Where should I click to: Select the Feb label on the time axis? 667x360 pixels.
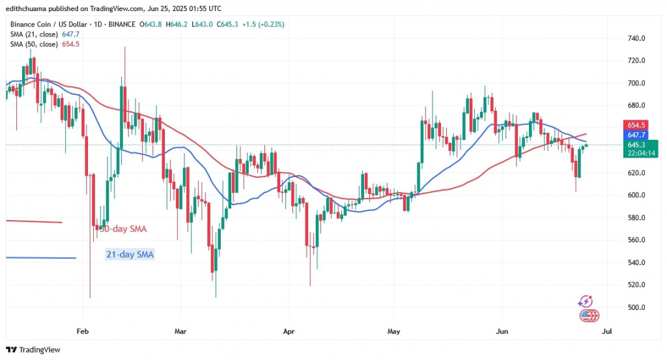81,331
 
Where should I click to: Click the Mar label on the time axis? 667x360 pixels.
181,331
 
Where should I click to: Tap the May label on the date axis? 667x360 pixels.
393,331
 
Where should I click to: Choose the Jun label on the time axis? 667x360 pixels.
502,331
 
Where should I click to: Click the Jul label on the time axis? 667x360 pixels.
607,331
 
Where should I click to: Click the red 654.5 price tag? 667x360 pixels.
635,125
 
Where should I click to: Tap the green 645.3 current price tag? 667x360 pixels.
635,144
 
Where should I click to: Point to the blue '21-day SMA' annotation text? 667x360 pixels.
130,255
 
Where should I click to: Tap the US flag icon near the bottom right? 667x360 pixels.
589,316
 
